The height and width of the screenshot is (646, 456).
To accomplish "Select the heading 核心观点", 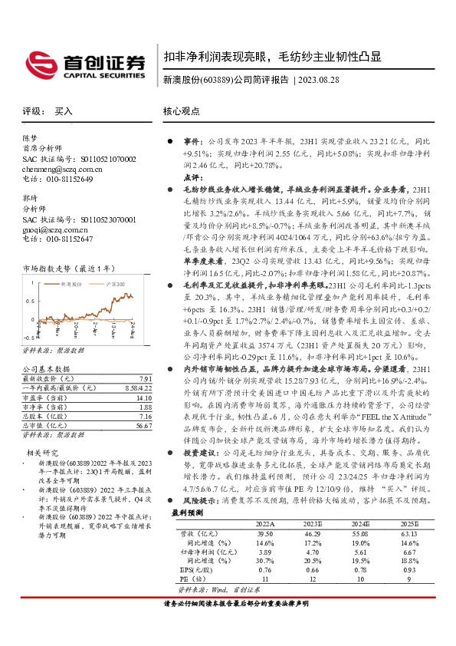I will [182, 111].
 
